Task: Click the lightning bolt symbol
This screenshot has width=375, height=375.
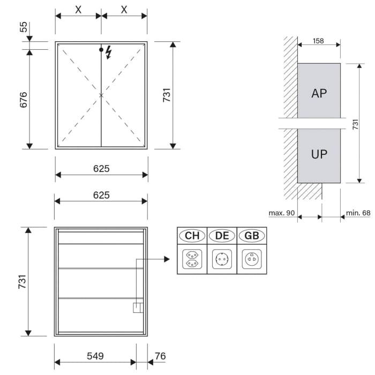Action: coord(109,52)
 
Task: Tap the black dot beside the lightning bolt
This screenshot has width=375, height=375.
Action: coord(101,50)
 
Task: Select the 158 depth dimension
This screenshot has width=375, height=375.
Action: coord(318,41)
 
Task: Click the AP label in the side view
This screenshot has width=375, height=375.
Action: coord(319,93)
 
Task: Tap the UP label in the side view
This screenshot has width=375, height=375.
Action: coord(319,154)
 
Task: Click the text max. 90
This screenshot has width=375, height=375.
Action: coord(282,213)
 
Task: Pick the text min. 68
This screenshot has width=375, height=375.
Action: coord(358,213)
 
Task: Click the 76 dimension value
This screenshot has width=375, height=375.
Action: coord(160,356)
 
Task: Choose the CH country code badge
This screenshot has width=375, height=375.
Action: coord(192,235)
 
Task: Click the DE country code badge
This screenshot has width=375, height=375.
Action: coord(222,235)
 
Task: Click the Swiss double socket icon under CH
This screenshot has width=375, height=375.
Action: coord(192,259)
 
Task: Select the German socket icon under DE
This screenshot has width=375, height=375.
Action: coord(222,259)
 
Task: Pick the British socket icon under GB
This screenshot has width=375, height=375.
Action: coord(252,259)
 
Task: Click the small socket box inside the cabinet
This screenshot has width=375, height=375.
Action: coord(138,307)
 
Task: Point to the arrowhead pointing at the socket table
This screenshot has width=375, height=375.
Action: coord(167,259)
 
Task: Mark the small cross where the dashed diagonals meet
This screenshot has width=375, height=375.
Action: coord(101,95)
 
